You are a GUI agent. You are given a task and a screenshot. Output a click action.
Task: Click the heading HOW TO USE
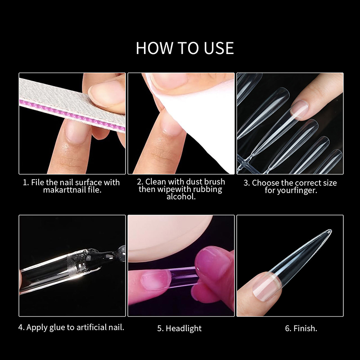pos(185,48)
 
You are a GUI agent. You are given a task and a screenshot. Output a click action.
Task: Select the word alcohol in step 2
pos(181,197)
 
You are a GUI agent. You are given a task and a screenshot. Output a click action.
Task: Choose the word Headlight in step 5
pos(184,328)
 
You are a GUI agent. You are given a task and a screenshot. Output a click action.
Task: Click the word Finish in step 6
pos(304,328)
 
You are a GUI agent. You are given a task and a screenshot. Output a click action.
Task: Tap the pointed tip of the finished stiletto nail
pos(331,230)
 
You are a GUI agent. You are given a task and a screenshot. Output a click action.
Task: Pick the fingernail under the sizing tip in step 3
pos(299,109)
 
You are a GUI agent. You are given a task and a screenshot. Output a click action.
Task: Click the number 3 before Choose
pos(246,183)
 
